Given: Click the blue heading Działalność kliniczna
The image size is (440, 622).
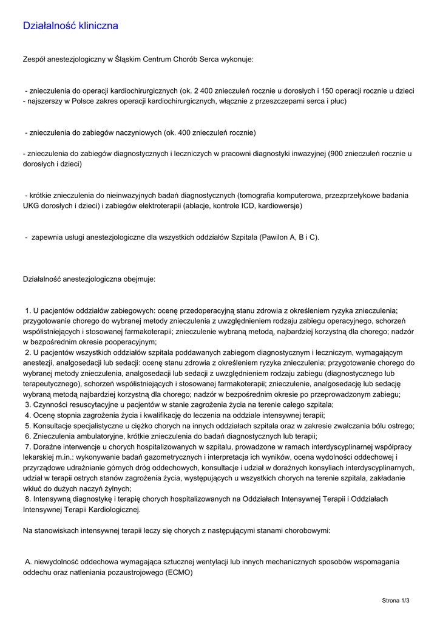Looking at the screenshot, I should point(70,26).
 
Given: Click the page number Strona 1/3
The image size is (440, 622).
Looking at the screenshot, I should point(396,601).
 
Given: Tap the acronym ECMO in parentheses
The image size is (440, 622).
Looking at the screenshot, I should point(178,572).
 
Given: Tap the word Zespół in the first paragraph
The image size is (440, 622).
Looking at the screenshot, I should point(34,60).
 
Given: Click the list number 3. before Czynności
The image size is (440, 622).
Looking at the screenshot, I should point(28,405).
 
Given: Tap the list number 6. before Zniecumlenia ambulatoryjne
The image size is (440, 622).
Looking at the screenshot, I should point(28,436).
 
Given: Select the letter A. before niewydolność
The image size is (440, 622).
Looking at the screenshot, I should point(28,562).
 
